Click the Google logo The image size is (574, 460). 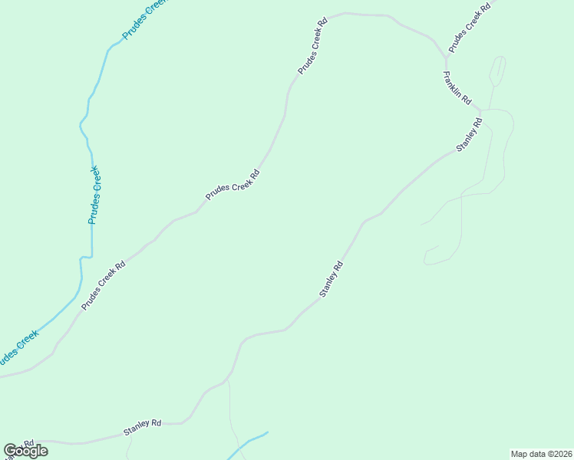26,451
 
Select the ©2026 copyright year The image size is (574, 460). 558,454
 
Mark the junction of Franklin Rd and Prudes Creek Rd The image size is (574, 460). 446,58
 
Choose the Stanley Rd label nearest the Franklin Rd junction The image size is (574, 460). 469,134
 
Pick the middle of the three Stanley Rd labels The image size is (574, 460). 331,280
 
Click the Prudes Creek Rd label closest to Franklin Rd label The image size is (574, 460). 468,27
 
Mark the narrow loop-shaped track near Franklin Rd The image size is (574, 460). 498,71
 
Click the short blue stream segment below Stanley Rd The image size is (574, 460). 249,443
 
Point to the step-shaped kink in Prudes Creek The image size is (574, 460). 85,257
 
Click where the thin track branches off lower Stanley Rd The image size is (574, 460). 228,379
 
